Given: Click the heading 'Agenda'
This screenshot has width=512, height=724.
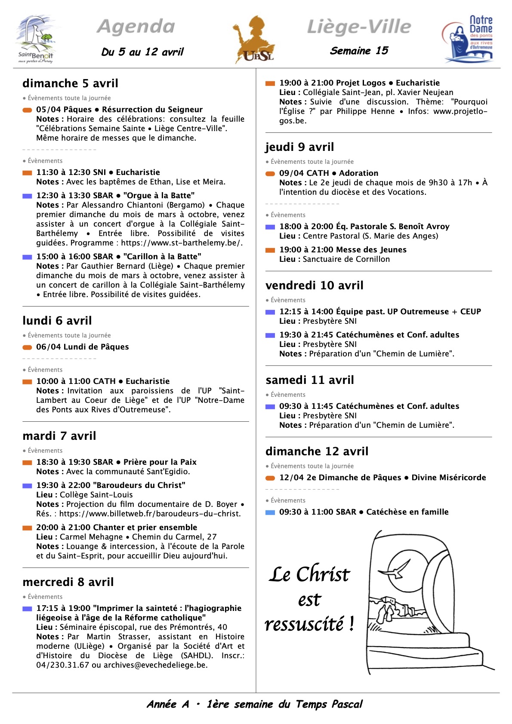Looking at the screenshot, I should click(136, 27).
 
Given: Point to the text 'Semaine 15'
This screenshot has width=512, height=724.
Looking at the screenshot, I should click(359, 51).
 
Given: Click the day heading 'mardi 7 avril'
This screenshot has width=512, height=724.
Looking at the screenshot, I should click(59, 436).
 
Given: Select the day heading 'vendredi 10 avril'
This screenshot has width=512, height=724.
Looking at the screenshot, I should click(315, 285).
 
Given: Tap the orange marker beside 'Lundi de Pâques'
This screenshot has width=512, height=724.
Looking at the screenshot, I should click(27, 347).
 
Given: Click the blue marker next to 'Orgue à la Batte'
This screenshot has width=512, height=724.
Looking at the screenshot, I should click(27, 196).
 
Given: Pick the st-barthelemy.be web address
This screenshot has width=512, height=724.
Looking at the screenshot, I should click(182, 243).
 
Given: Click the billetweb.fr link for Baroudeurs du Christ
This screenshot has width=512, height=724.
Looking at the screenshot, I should click(150, 514).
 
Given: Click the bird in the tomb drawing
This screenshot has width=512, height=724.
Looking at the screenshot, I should click(398, 569).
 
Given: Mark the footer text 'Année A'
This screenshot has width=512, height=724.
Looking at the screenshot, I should click(168, 704).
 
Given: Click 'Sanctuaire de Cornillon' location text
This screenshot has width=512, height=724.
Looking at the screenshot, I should click(346, 259).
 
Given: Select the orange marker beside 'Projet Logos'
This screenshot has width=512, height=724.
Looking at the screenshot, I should click(270, 83).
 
